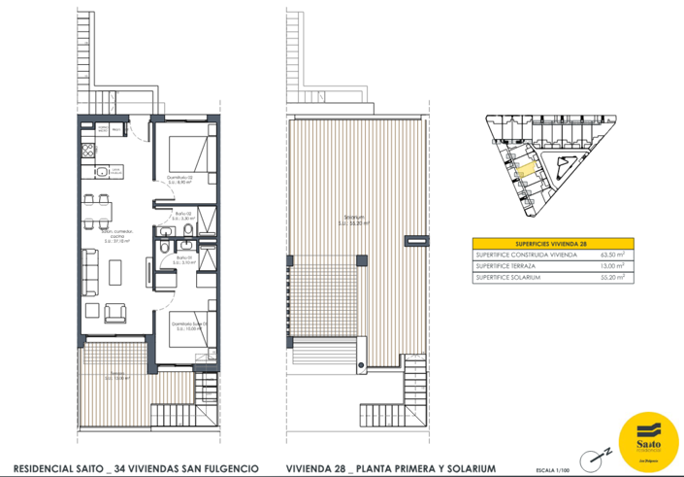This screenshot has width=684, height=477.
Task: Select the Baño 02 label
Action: tap(183, 217)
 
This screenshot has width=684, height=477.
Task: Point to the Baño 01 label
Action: tap(183, 260)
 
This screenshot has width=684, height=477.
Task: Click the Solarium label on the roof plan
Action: tap(358, 220)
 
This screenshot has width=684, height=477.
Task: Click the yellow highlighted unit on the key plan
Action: tap(524, 170)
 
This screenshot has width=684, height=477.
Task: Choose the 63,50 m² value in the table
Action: tap(612, 255)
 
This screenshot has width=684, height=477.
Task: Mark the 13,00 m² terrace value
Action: tap(612, 266)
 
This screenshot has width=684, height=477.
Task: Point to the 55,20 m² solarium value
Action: tap(612, 279)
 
